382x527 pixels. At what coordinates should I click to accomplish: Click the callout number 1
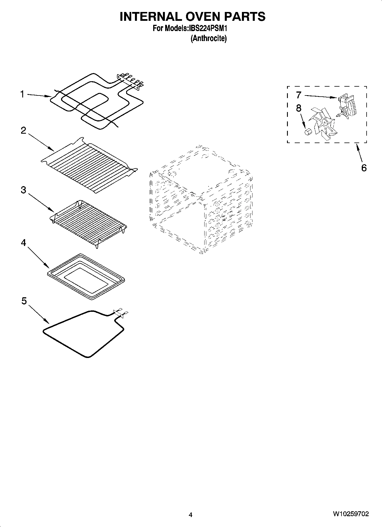(22, 94)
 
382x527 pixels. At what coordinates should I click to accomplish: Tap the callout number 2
(23, 131)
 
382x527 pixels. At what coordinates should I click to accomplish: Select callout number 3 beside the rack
(23, 190)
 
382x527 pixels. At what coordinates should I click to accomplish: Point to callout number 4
(23, 243)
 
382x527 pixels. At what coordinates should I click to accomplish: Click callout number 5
(24, 301)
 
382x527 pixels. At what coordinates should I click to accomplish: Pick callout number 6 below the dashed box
(364, 168)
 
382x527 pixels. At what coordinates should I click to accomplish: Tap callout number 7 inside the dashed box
(298, 95)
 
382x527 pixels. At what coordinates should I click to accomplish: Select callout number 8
(298, 108)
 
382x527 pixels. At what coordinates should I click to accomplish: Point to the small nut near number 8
(307, 133)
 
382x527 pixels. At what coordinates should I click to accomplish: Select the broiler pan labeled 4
(86, 276)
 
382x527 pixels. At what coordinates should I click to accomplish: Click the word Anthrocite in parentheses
(209, 38)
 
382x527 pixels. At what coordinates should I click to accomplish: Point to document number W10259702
(350, 514)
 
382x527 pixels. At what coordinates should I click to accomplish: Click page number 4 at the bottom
(191, 514)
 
